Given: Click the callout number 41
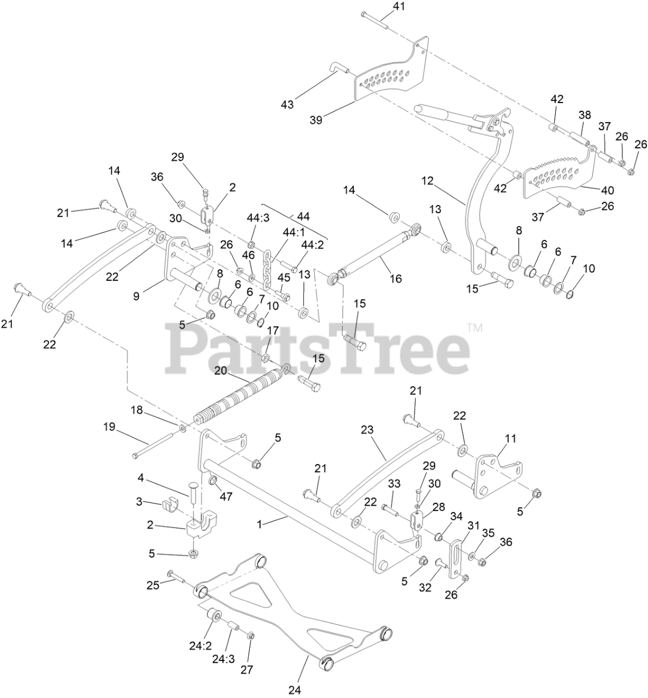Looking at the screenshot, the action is [399, 7].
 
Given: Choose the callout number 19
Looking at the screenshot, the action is [110, 426].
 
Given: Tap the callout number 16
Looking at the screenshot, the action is [395, 279].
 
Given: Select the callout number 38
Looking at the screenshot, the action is [585, 115].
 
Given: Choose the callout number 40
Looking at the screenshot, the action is [607, 190].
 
